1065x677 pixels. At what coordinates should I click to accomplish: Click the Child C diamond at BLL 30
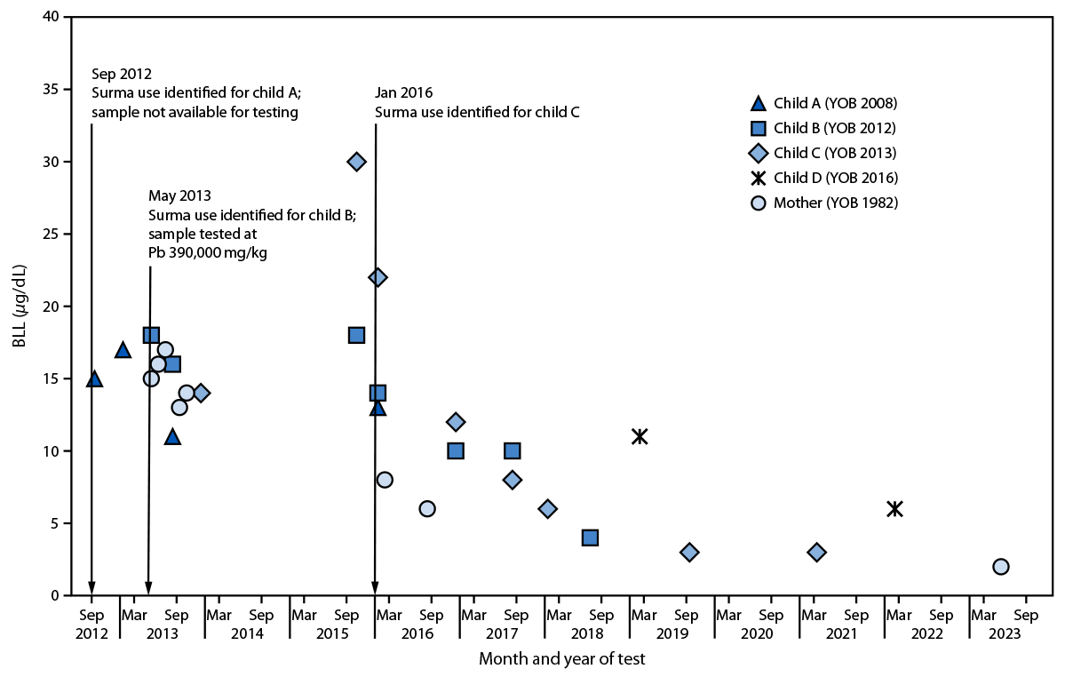pyautogui.click(x=356, y=162)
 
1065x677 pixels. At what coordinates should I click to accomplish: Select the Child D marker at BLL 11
pyautogui.click(x=640, y=436)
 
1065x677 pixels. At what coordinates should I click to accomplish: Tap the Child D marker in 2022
pyautogui.click(x=894, y=508)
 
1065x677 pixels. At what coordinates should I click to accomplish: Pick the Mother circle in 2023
pyautogui.click(x=1001, y=566)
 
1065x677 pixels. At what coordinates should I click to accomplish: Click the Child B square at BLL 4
pyautogui.click(x=590, y=538)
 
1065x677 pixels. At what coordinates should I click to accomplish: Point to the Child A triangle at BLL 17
pyautogui.click(x=123, y=350)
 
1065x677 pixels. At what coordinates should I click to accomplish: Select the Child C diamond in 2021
pyautogui.click(x=816, y=552)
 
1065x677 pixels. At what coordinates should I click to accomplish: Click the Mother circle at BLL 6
pyautogui.click(x=427, y=508)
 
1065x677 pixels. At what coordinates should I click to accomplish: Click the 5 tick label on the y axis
pyautogui.click(x=53, y=523)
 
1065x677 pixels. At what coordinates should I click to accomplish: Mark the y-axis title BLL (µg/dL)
pyautogui.click(x=20, y=307)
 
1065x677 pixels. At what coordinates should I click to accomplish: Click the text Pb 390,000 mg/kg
pyautogui.click(x=207, y=251)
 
